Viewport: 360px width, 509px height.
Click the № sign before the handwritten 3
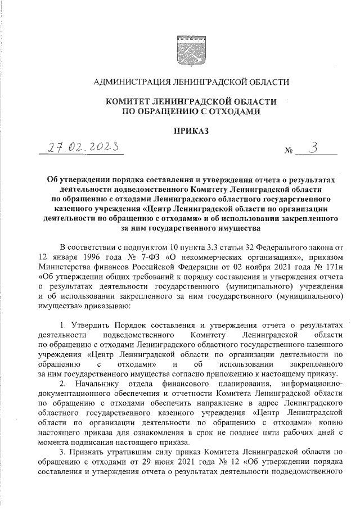[x=289, y=152]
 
